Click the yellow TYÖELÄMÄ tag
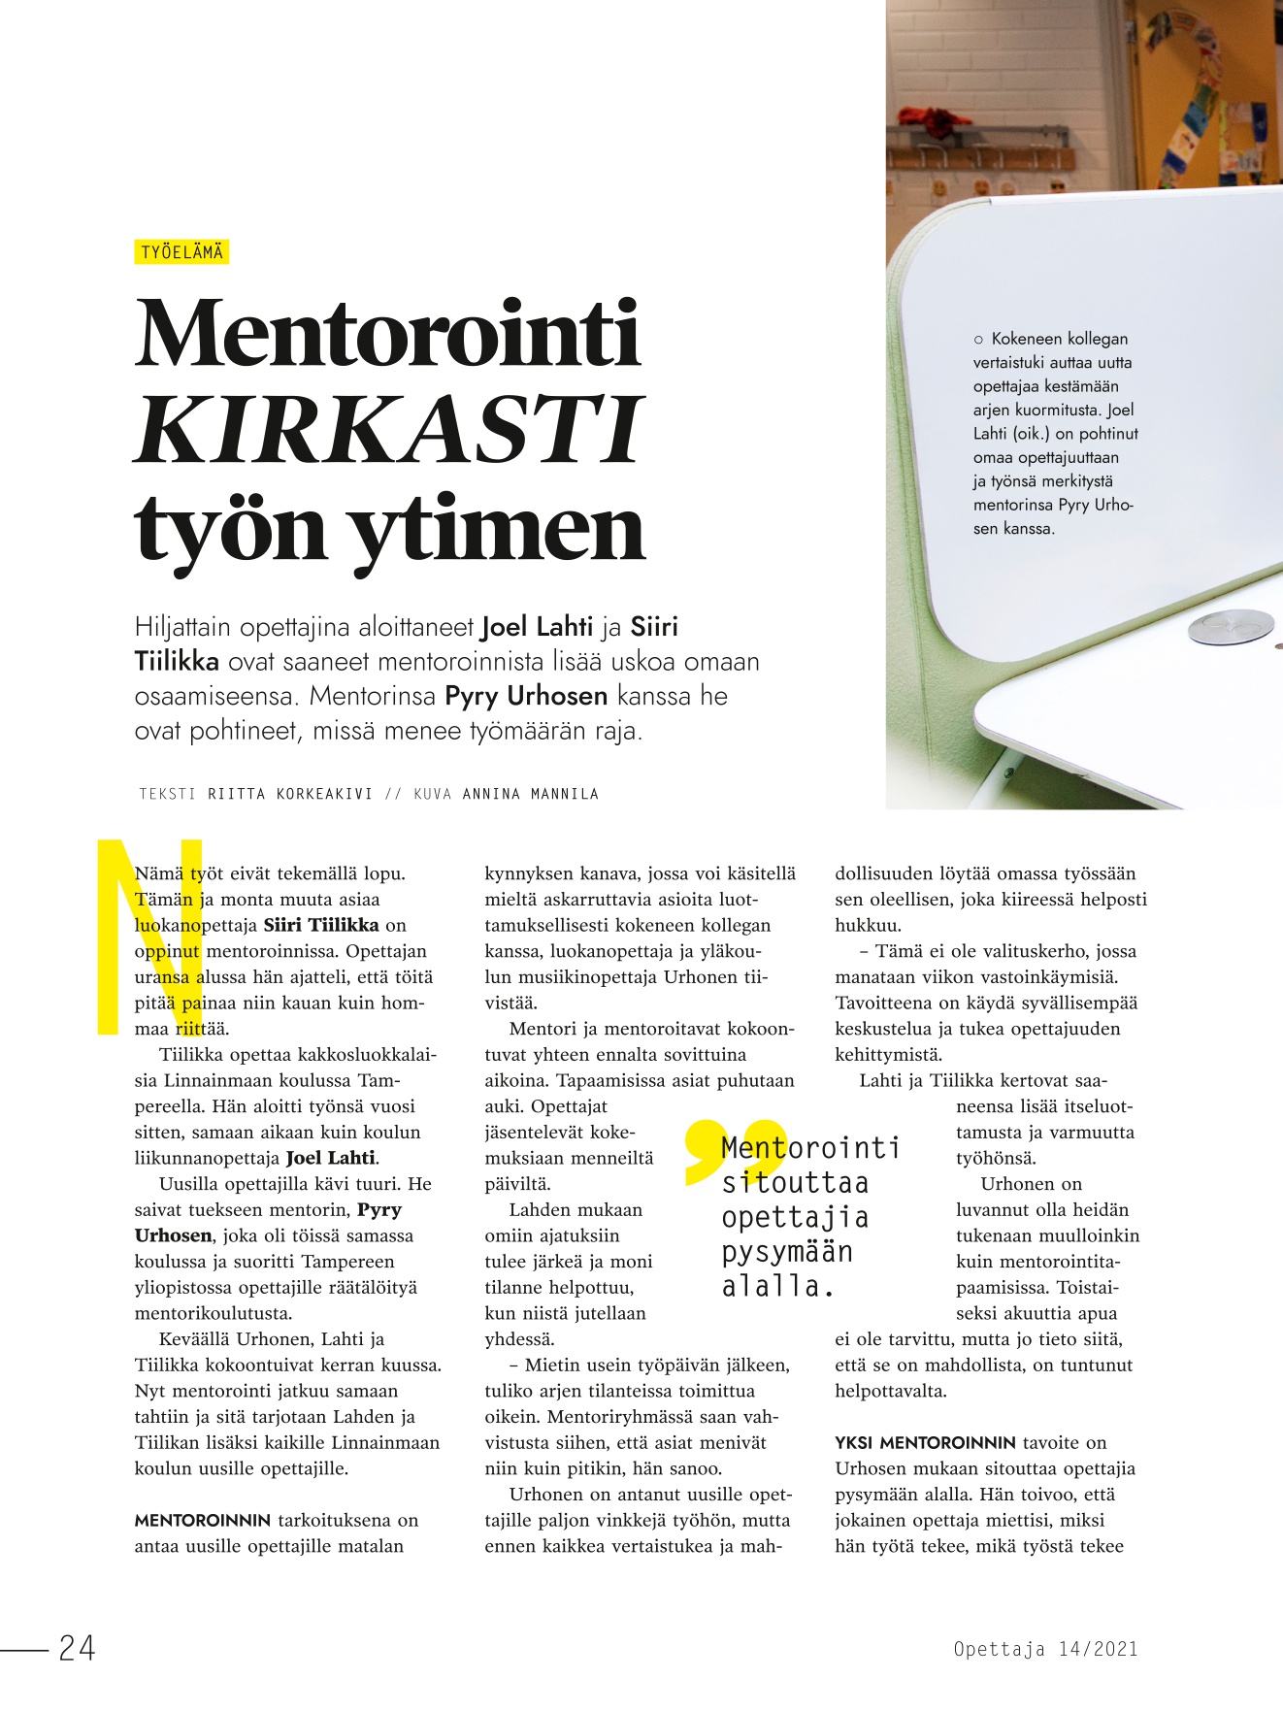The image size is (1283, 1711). [181, 252]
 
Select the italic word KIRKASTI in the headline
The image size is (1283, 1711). [388, 430]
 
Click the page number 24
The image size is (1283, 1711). [78, 1648]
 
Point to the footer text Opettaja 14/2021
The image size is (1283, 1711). [1045, 1648]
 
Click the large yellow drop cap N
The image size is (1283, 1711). [150, 937]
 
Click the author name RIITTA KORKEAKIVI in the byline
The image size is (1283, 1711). [290, 794]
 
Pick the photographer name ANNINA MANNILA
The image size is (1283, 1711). [530, 794]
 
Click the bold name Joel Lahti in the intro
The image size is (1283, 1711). [537, 627]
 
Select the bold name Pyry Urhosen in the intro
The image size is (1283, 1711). [526, 696]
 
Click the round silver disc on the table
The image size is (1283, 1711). [1231, 628]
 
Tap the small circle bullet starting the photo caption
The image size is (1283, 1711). [978, 340]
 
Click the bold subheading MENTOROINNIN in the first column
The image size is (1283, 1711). [202, 1520]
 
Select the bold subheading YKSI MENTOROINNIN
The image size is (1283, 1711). [925, 1442]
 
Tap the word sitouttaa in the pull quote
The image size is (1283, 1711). [795, 1183]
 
